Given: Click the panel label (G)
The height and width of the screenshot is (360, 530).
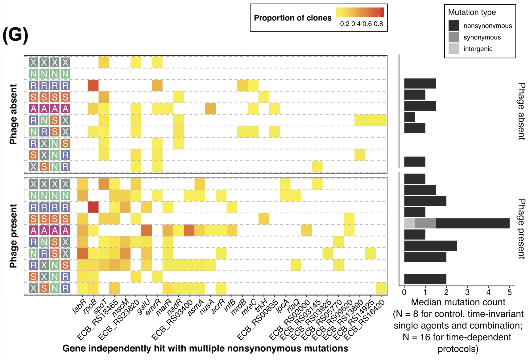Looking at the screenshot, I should click(15, 35).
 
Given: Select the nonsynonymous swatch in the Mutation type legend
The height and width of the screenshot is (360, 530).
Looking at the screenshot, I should click(453, 26).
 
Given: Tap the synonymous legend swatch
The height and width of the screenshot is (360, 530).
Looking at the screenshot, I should click(453, 37).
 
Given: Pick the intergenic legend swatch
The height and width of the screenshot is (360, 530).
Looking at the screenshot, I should click(453, 48).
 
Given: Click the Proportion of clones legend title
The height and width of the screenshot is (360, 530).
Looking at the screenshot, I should click(292, 18).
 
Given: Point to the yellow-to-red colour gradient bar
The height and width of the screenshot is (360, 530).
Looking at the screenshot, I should click(360, 12).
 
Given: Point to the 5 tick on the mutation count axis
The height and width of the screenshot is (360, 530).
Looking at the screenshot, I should click(509, 292).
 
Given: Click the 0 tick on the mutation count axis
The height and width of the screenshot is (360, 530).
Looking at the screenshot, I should click(404, 292).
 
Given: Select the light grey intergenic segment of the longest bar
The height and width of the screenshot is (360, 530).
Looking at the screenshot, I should click(409, 223).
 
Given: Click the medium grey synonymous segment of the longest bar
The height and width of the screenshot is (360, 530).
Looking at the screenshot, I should click(425, 223).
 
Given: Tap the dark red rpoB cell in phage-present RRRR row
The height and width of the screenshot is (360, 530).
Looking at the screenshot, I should click(93, 207).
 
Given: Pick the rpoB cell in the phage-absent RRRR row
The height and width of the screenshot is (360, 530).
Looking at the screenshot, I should click(93, 86).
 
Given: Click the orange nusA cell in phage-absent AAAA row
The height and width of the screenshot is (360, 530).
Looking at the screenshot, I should click(210, 109).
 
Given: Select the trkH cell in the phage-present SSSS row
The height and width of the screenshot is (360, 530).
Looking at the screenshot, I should click(264, 219).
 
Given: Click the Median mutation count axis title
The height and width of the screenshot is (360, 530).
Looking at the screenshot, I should click(458, 302).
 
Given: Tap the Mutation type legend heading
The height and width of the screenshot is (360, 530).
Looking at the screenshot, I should click(472, 12).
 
